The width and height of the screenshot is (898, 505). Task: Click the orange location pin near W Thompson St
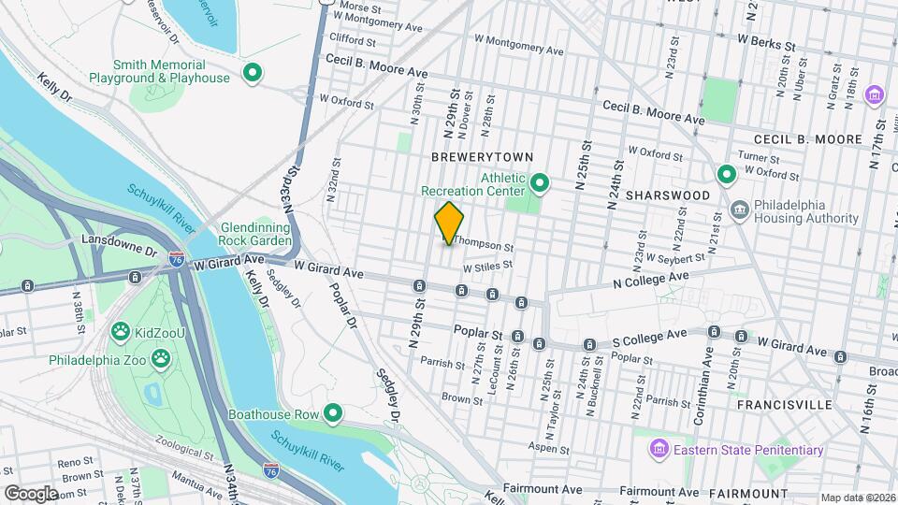(x=449, y=224)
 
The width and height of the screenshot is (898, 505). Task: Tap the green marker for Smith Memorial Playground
(x=252, y=72)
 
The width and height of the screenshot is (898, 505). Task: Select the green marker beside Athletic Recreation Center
(x=540, y=181)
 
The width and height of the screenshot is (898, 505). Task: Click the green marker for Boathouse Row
(x=332, y=412)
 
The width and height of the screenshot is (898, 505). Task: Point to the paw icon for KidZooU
(x=120, y=330)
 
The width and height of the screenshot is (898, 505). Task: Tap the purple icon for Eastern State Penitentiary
(x=660, y=451)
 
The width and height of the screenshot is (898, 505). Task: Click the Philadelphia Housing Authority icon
(x=739, y=208)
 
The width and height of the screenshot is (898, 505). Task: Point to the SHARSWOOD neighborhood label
(x=665, y=195)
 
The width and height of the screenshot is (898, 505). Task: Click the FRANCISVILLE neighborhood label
(x=784, y=405)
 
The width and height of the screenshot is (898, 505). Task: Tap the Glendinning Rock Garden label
(x=256, y=234)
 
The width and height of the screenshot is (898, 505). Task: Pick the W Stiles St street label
(x=485, y=265)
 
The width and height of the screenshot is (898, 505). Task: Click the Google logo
(x=31, y=492)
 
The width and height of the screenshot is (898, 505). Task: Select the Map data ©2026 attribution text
(x=858, y=498)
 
